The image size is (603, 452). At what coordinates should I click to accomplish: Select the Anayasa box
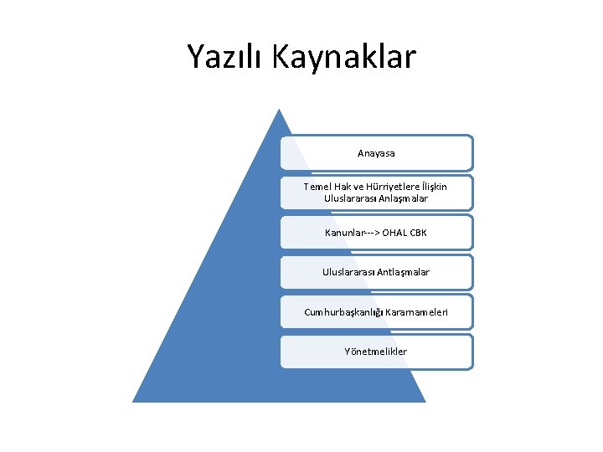tap(376, 153)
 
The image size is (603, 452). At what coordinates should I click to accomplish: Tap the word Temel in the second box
tap(318, 187)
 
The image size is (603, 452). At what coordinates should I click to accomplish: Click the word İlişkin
tap(435, 187)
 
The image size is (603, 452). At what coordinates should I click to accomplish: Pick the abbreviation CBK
tap(418, 233)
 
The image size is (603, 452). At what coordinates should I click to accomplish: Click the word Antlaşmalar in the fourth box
tap(403, 272)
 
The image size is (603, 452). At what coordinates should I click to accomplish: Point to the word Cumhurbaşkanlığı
tap(344, 312)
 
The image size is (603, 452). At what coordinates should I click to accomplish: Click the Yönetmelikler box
tap(376, 352)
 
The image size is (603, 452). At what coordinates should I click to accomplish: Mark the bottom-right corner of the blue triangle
tap(424, 401)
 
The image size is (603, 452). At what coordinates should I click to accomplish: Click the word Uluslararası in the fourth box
tap(348, 272)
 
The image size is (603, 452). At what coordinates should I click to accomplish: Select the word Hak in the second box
tap(344, 187)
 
